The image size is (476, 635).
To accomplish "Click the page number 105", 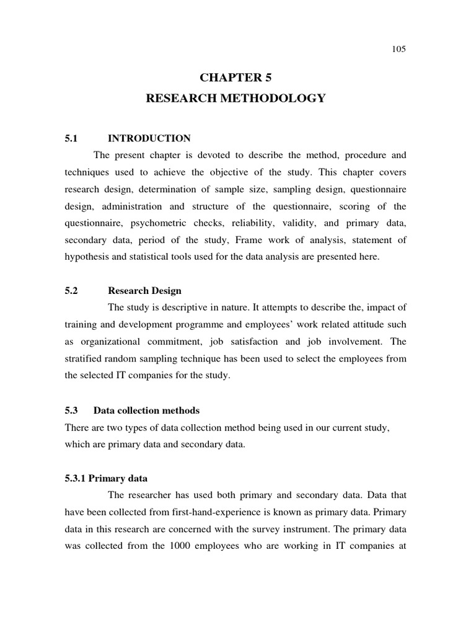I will pos(399,50).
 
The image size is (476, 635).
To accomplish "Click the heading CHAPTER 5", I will pos(236,78).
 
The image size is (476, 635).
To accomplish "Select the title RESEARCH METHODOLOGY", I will pos(236,99).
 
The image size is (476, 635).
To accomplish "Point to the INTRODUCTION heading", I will pos(149,138).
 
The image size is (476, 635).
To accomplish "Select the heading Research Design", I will pos(144,290).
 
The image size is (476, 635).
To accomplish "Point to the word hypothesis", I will pos(86,256).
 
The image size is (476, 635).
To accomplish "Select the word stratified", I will pos(84,358).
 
